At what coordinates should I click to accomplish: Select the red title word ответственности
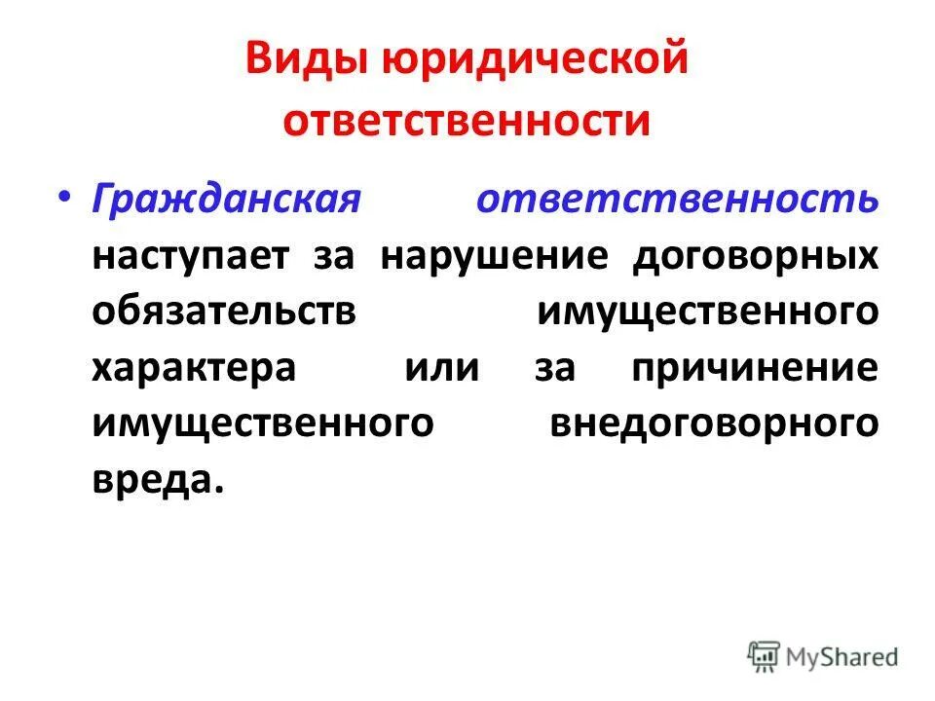click(467, 121)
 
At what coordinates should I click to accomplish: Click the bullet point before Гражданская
click(63, 196)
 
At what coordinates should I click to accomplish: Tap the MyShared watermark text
click(844, 657)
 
